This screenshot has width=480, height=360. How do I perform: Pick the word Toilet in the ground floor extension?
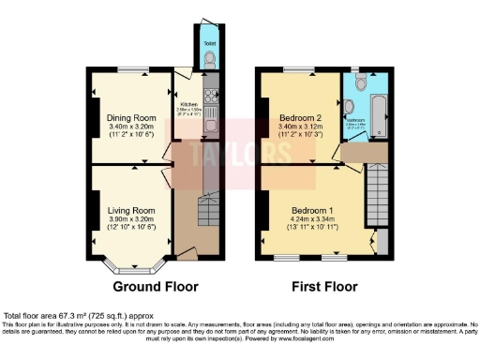coord(208,42)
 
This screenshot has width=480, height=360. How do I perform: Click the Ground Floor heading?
coord(154,286)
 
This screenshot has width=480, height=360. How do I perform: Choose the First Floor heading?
coord(320,286)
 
